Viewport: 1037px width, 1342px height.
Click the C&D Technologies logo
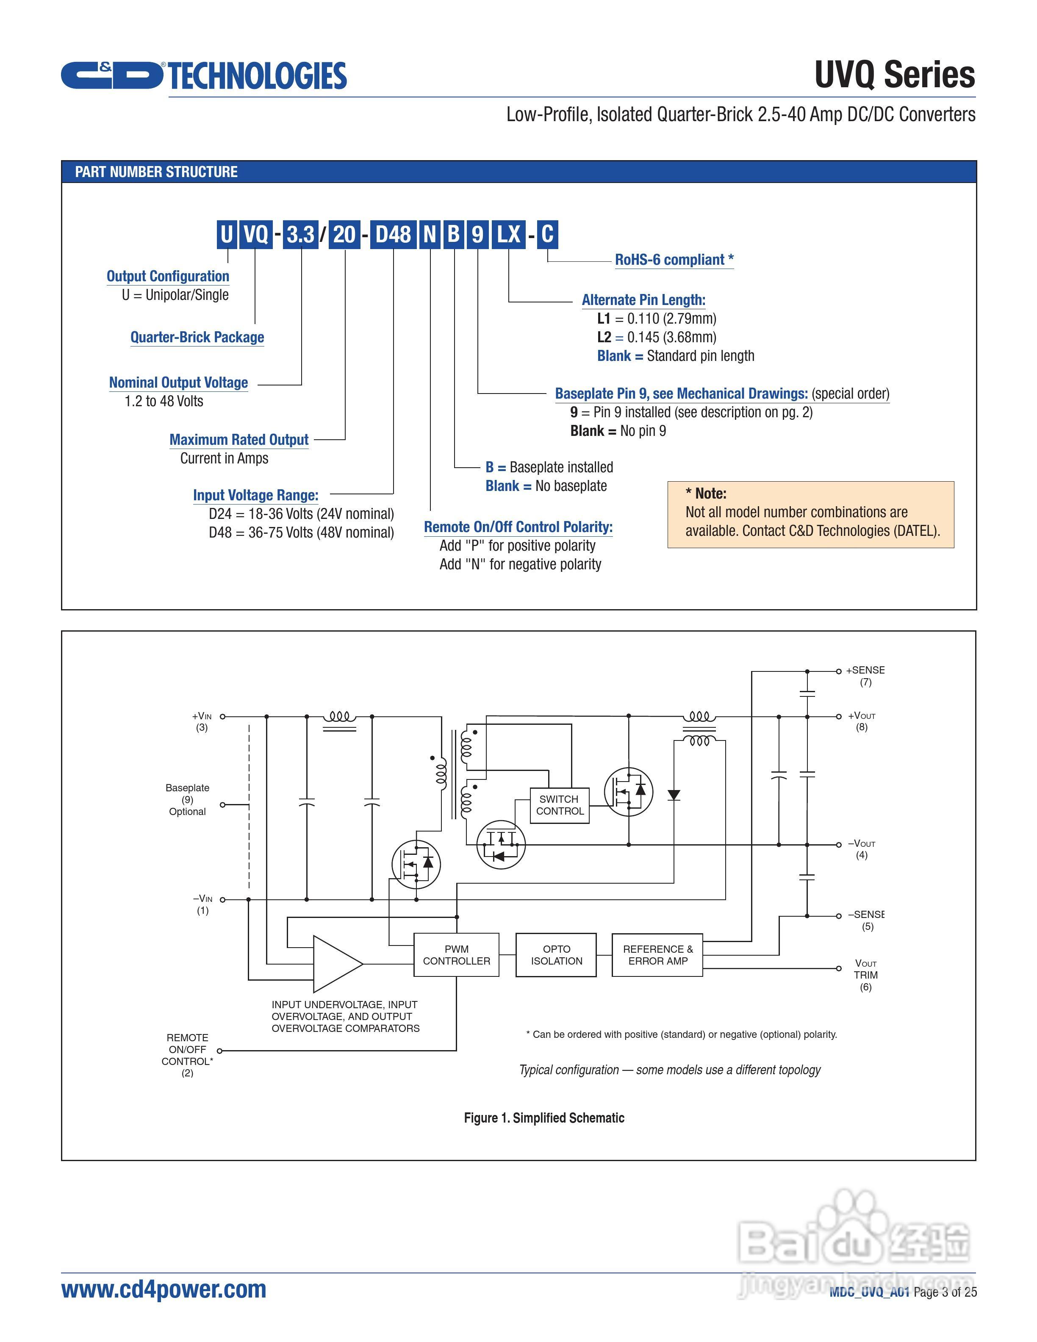(x=203, y=75)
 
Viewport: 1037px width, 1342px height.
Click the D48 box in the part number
(x=393, y=234)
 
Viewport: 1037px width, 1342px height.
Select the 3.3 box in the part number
(x=300, y=234)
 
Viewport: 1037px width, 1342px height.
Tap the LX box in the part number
(x=509, y=234)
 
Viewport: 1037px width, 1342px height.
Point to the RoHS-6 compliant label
(x=674, y=260)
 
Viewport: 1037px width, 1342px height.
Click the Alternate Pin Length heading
(x=643, y=300)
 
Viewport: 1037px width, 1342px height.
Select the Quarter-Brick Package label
(x=197, y=337)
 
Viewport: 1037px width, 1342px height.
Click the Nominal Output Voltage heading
(x=178, y=383)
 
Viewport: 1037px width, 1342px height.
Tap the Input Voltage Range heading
(x=255, y=495)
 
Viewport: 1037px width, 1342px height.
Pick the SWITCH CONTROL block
(x=560, y=805)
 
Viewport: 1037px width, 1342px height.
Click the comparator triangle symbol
(x=335, y=963)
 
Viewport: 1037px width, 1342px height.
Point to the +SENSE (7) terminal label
(x=865, y=676)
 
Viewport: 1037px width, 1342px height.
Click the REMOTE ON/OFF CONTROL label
(x=187, y=1055)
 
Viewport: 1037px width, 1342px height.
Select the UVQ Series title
(x=895, y=75)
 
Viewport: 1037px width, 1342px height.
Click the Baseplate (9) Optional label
(x=187, y=799)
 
